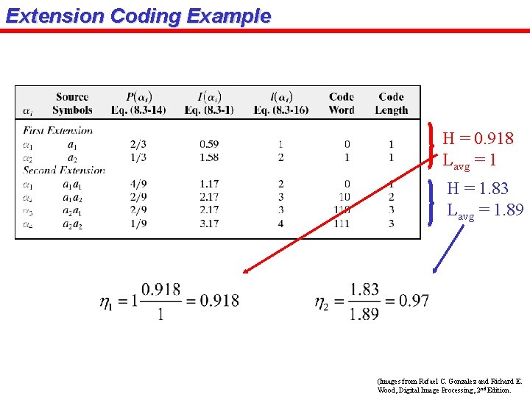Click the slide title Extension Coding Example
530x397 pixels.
(138, 15)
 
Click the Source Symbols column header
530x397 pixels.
(72, 104)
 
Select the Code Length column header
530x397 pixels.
(391, 104)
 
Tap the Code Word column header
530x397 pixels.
(342, 104)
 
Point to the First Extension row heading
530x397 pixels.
(58, 131)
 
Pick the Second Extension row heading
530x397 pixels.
(64, 171)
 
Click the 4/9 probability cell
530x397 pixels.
(138, 184)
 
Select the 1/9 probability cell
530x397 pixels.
(138, 223)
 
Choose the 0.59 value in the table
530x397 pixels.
(209, 144)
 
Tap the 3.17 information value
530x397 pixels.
(209, 223)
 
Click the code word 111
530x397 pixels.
(341, 223)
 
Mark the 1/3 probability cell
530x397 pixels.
(138, 157)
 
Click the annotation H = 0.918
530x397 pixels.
(478, 138)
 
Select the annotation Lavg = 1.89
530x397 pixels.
(486, 210)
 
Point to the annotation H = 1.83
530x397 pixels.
(477, 189)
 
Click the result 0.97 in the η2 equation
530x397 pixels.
(413, 301)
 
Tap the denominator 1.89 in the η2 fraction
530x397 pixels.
(364, 314)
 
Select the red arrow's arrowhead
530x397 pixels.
(246, 271)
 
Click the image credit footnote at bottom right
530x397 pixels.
(449, 386)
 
